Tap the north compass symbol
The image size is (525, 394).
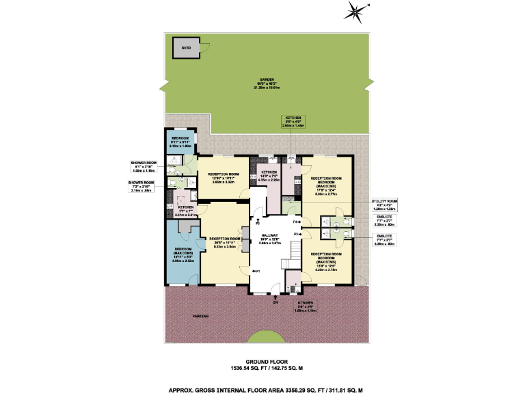coord(355,11)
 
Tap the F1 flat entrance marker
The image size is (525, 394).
coord(257,272)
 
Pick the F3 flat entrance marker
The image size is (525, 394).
coord(297,234)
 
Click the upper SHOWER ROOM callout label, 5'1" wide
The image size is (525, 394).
coord(144,164)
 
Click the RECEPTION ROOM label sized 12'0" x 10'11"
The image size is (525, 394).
coord(224,177)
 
